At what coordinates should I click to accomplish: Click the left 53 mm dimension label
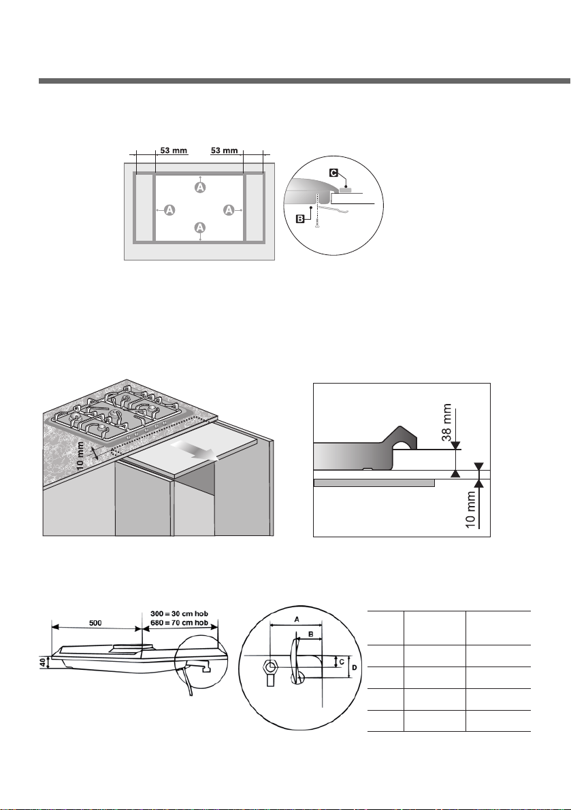click(x=174, y=150)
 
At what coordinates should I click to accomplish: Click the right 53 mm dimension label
click(x=225, y=150)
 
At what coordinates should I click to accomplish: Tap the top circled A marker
click(x=200, y=188)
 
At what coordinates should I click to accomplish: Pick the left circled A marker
click(x=169, y=209)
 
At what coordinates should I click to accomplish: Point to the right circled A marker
click(x=229, y=209)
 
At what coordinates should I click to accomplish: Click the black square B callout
click(x=300, y=219)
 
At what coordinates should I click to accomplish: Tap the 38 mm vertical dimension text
click(x=447, y=422)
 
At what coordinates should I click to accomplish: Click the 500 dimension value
click(x=95, y=623)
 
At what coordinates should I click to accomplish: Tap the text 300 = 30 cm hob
click(x=179, y=613)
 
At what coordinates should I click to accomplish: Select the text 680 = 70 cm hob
click(x=179, y=622)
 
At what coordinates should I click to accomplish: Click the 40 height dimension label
click(x=44, y=662)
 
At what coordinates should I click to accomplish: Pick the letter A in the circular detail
click(x=297, y=618)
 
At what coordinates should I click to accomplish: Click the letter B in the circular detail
click(x=310, y=634)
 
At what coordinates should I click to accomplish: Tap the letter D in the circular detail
click(x=354, y=668)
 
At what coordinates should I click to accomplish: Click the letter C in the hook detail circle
click(x=342, y=661)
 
